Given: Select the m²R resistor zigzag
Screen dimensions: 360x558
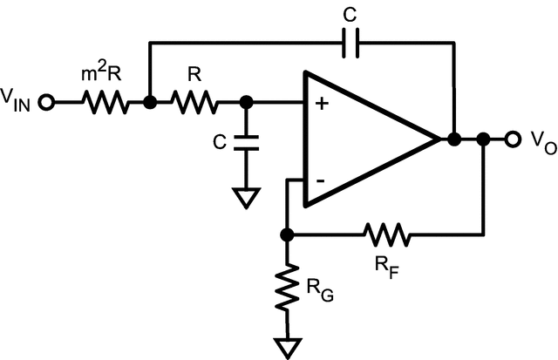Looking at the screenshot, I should (106, 103).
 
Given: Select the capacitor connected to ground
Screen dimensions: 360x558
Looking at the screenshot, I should (247, 143).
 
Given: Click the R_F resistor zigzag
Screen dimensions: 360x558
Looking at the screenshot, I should (386, 234).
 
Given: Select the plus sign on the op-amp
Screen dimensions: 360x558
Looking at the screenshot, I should (321, 105).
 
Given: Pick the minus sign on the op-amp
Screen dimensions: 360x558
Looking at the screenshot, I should (320, 180).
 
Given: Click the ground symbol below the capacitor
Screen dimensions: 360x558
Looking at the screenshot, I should (247, 200).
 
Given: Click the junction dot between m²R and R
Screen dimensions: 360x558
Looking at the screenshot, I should (150, 103).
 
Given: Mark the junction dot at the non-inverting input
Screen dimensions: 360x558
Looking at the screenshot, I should (247, 103).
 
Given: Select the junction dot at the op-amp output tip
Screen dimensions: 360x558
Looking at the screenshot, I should (453, 139).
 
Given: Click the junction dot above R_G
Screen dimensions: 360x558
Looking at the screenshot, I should (288, 234).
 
